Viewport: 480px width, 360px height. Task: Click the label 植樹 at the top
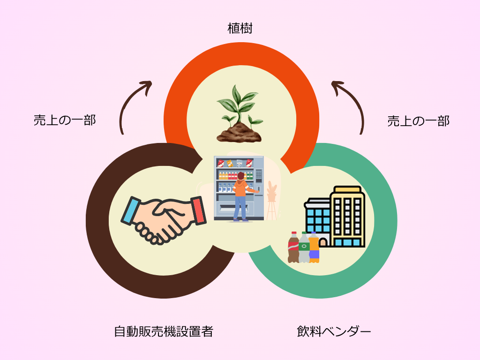click(240, 29)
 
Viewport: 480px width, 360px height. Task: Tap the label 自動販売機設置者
click(164, 331)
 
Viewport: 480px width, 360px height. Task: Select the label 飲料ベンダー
click(334, 331)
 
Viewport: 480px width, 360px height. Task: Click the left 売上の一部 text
click(65, 120)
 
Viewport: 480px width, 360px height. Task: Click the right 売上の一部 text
click(419, 121)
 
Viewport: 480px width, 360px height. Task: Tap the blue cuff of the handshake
click(131, 211)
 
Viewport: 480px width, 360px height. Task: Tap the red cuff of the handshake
click(199, 210)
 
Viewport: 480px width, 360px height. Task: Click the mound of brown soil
click(239, 133)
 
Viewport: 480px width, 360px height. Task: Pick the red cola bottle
click(293, 247)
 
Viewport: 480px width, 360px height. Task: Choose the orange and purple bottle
click(314, 247)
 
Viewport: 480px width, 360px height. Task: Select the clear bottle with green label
click(304, 247)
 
